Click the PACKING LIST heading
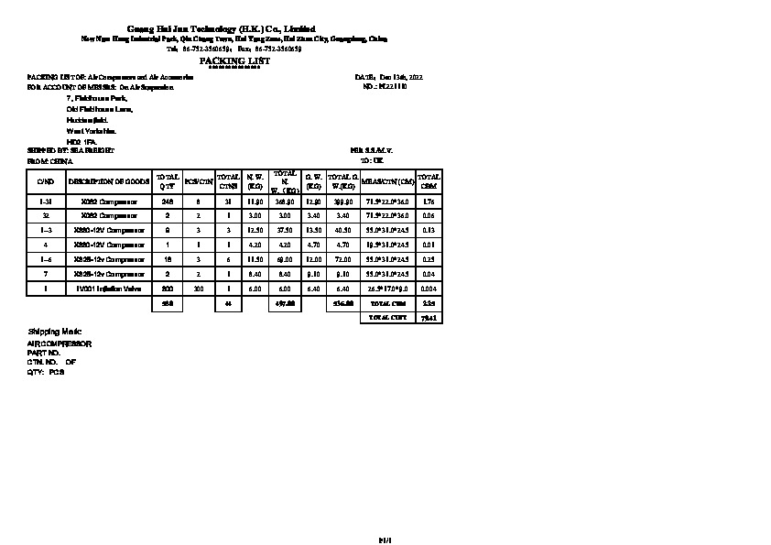(x=234, y=60)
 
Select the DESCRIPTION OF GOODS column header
(x=109, y=181)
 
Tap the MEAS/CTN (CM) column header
(x=388, y=181)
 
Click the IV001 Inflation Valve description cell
(x=109, y=289)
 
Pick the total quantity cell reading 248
(x=167, y=201)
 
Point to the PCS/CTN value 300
(x=199, y=289)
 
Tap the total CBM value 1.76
(x=429, y=201)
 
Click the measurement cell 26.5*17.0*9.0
(x=388, y=289)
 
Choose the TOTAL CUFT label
(x=388, y=317)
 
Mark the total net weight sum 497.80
(x=285, y=303)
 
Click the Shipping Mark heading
(x=49, y=330)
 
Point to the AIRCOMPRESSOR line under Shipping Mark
(x=60, y=343)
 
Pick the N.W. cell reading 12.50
(x=255, y=230)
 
